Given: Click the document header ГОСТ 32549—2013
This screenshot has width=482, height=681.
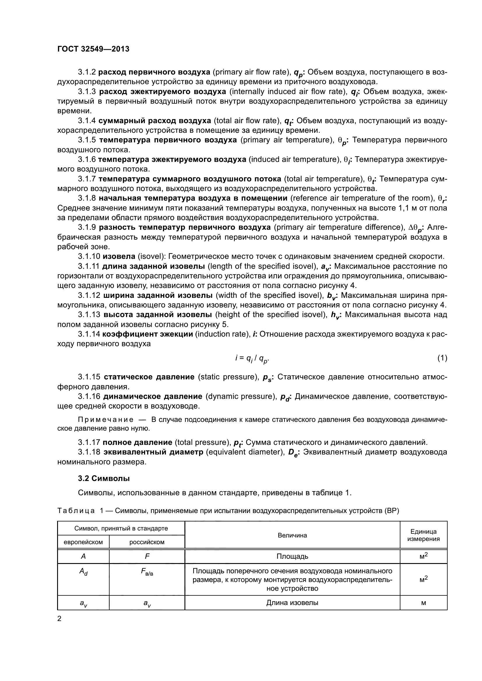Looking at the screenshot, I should click(x=93, y=49).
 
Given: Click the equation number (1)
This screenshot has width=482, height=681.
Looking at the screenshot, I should click(x=442, y=358).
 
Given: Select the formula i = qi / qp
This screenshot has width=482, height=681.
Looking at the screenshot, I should click(x=252, y=359).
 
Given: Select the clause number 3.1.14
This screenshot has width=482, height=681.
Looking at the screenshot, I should click(x=89, y=334).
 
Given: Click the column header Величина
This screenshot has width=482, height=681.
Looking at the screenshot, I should click(x=292, y=535).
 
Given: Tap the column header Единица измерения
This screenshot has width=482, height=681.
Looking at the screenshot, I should click(x=423, y=535).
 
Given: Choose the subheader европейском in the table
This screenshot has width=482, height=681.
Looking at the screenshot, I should click(x=83, y=542).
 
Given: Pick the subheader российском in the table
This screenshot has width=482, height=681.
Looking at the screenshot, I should click(x=147, y=542).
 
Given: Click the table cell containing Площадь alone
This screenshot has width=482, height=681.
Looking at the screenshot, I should click(x=292, y=556).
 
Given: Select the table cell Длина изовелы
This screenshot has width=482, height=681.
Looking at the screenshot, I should click(x=292, y=603).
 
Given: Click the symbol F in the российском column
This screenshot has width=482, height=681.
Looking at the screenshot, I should click(x=147, y=556).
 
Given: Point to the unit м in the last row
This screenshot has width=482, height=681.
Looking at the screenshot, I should click(x=423, y=603).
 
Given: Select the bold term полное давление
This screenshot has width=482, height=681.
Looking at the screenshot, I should click(x=137, y=442).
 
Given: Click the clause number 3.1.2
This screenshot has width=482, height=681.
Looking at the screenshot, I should click(x=87, y=72).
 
